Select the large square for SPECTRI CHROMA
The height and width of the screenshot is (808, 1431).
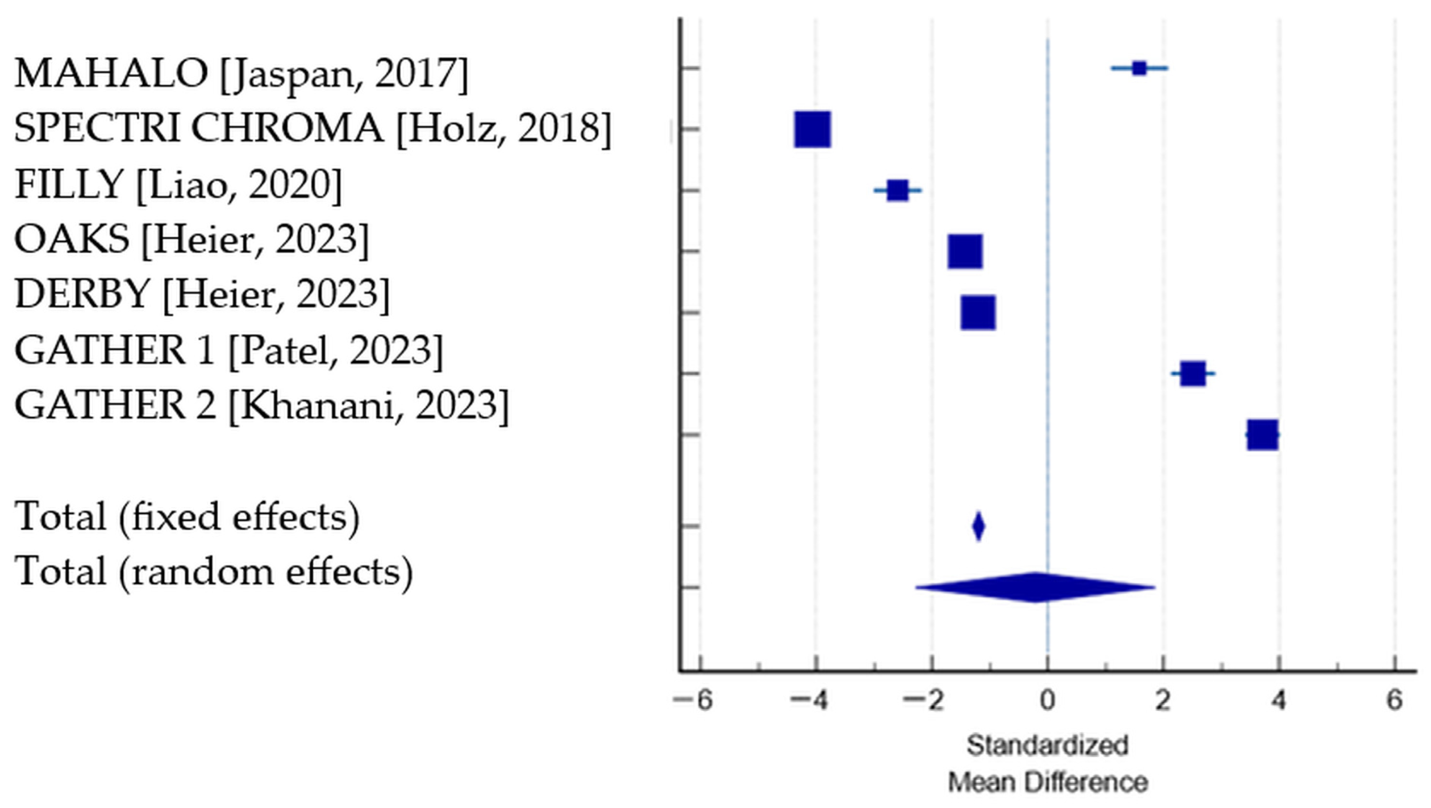[x=812, y=129]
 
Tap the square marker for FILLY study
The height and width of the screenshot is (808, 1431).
[x=898, y=190]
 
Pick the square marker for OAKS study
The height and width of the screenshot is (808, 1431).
[x=965, y=251]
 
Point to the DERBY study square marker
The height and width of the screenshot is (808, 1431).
[x=978, y=313]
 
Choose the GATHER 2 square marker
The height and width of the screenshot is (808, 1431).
[x=1262, y=434]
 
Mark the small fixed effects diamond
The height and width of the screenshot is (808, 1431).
[x=979, y=525]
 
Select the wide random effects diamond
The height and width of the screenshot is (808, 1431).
[x=1034, y=587]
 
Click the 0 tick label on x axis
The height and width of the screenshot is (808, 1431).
[x=1048, y=700]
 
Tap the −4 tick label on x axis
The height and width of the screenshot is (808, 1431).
[x=810, y=700]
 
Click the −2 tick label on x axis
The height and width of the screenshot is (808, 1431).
[x=925, y=700]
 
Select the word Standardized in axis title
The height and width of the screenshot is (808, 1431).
[x=1048, y=745]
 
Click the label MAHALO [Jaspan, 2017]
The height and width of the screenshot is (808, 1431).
[x=241, y=74]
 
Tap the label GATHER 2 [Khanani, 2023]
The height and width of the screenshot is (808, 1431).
[x=261, y=405]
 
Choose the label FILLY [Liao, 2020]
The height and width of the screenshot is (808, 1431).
[x=178, y=184]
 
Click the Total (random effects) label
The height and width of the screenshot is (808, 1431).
[x=214, y=571]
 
